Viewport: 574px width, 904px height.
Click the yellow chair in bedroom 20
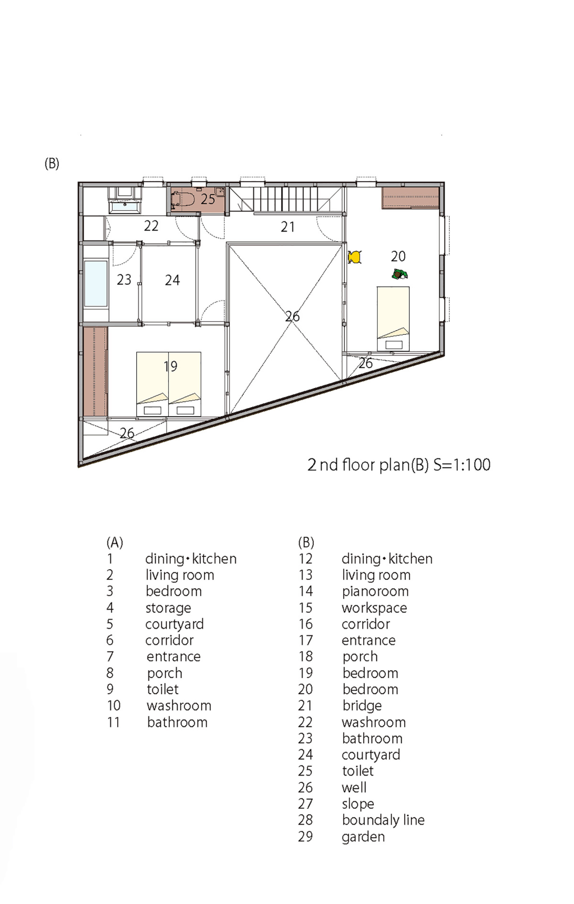point(355,257)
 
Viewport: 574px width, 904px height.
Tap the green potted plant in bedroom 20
point(400,274)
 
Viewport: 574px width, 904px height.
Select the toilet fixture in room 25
point(183,199)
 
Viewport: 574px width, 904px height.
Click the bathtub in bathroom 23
point(96,284)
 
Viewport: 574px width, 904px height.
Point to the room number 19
point(170,366)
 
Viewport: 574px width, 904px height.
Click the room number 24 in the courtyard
point(172,280)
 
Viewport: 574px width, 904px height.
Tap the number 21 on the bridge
point(288,227)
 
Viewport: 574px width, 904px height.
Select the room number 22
point(151,225)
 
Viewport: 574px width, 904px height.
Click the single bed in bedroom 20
point(394,319)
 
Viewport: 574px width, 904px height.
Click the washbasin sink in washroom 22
point(125,206)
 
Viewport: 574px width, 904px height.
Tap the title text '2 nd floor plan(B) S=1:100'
point(399,465)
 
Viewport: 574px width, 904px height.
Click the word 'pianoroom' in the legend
point(375,592)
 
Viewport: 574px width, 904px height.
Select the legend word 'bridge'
point(362,706)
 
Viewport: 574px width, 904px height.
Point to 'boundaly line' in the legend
point(383,820)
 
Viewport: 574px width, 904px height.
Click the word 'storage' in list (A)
point(168,608)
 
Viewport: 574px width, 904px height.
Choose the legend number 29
point(305,837)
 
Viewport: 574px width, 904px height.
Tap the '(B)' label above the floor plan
point(52,163)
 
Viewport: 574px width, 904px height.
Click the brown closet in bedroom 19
point(96,372)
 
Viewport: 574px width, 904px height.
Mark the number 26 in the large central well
point(293,316)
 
